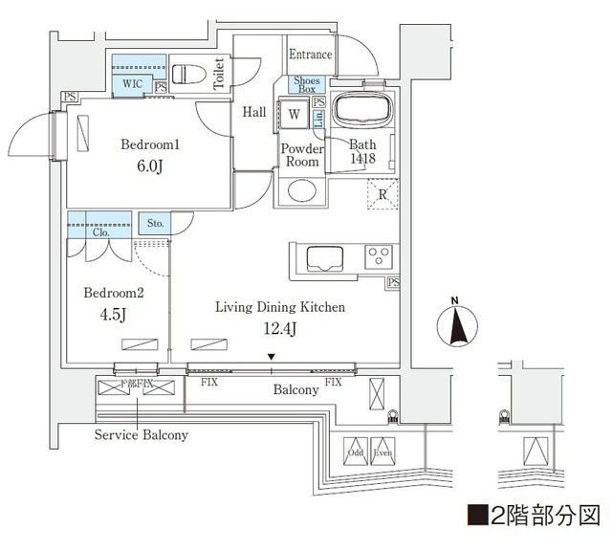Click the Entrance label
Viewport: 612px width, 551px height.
pyautogui.click(x=311, y=55)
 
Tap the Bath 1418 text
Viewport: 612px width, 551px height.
pyautogui.click(x=362, y=150)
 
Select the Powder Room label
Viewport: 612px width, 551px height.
pyautogui.click(x=299, y=155)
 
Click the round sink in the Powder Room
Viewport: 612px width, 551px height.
pyautogui.click(x=299, y=190)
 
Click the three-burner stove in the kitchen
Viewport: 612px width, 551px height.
pyautogui.click(x=379, y=256)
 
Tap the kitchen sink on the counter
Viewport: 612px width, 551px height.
pyautogui.click(x=321, y=257)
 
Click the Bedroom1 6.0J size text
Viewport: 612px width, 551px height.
pyautogui.click(x=149, y=165)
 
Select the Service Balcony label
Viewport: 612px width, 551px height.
pyautogui.click(x=141, y=434)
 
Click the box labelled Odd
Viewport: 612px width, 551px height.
pyautogui.click(x=356, y=452)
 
